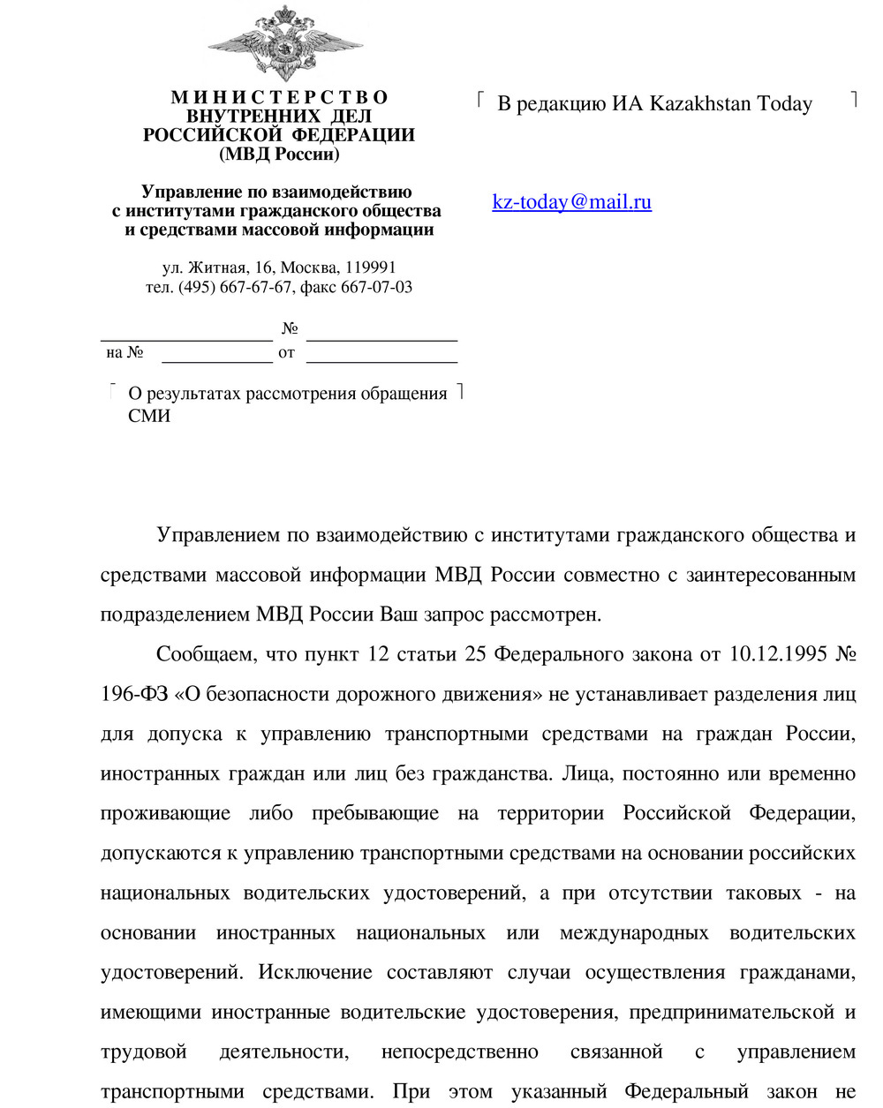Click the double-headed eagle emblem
tap(284, 43)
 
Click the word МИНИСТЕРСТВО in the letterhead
tap(279, 97)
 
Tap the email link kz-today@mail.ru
tap(571, 202)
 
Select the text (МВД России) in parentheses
tap(279, 155)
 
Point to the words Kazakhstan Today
tap(730, 104)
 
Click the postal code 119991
tap(371, 268)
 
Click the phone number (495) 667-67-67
tap(235, 287)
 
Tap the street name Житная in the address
tap(217, 268)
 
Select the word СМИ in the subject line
tap(149, 416)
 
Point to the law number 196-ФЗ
tap(134, 694)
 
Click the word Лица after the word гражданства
tap(585, 773)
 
